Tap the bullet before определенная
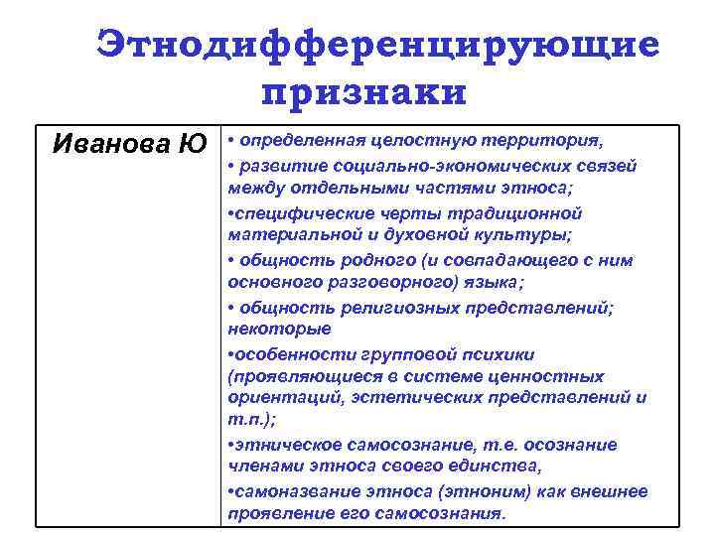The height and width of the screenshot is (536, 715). tap(230, 138)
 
